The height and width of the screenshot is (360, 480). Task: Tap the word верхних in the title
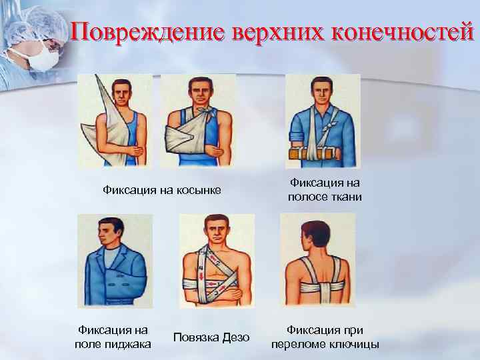273,32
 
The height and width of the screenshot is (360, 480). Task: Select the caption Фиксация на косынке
161,191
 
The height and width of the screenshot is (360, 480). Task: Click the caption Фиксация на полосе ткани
325,189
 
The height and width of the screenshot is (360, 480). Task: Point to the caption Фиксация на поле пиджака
113,336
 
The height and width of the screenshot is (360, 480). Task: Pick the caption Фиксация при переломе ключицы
325,336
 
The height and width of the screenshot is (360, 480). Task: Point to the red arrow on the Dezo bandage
201,273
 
